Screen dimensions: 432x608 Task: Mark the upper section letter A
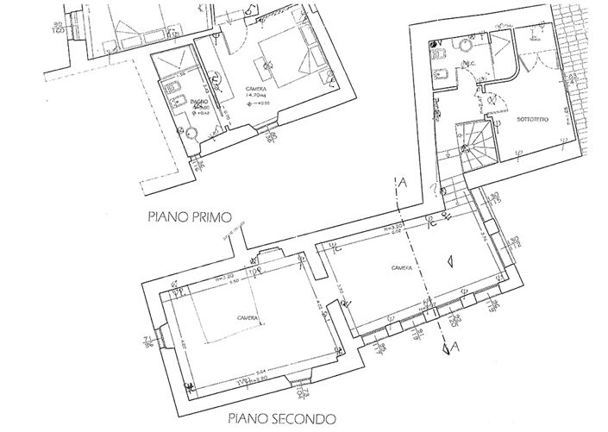(x=402, y=182)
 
